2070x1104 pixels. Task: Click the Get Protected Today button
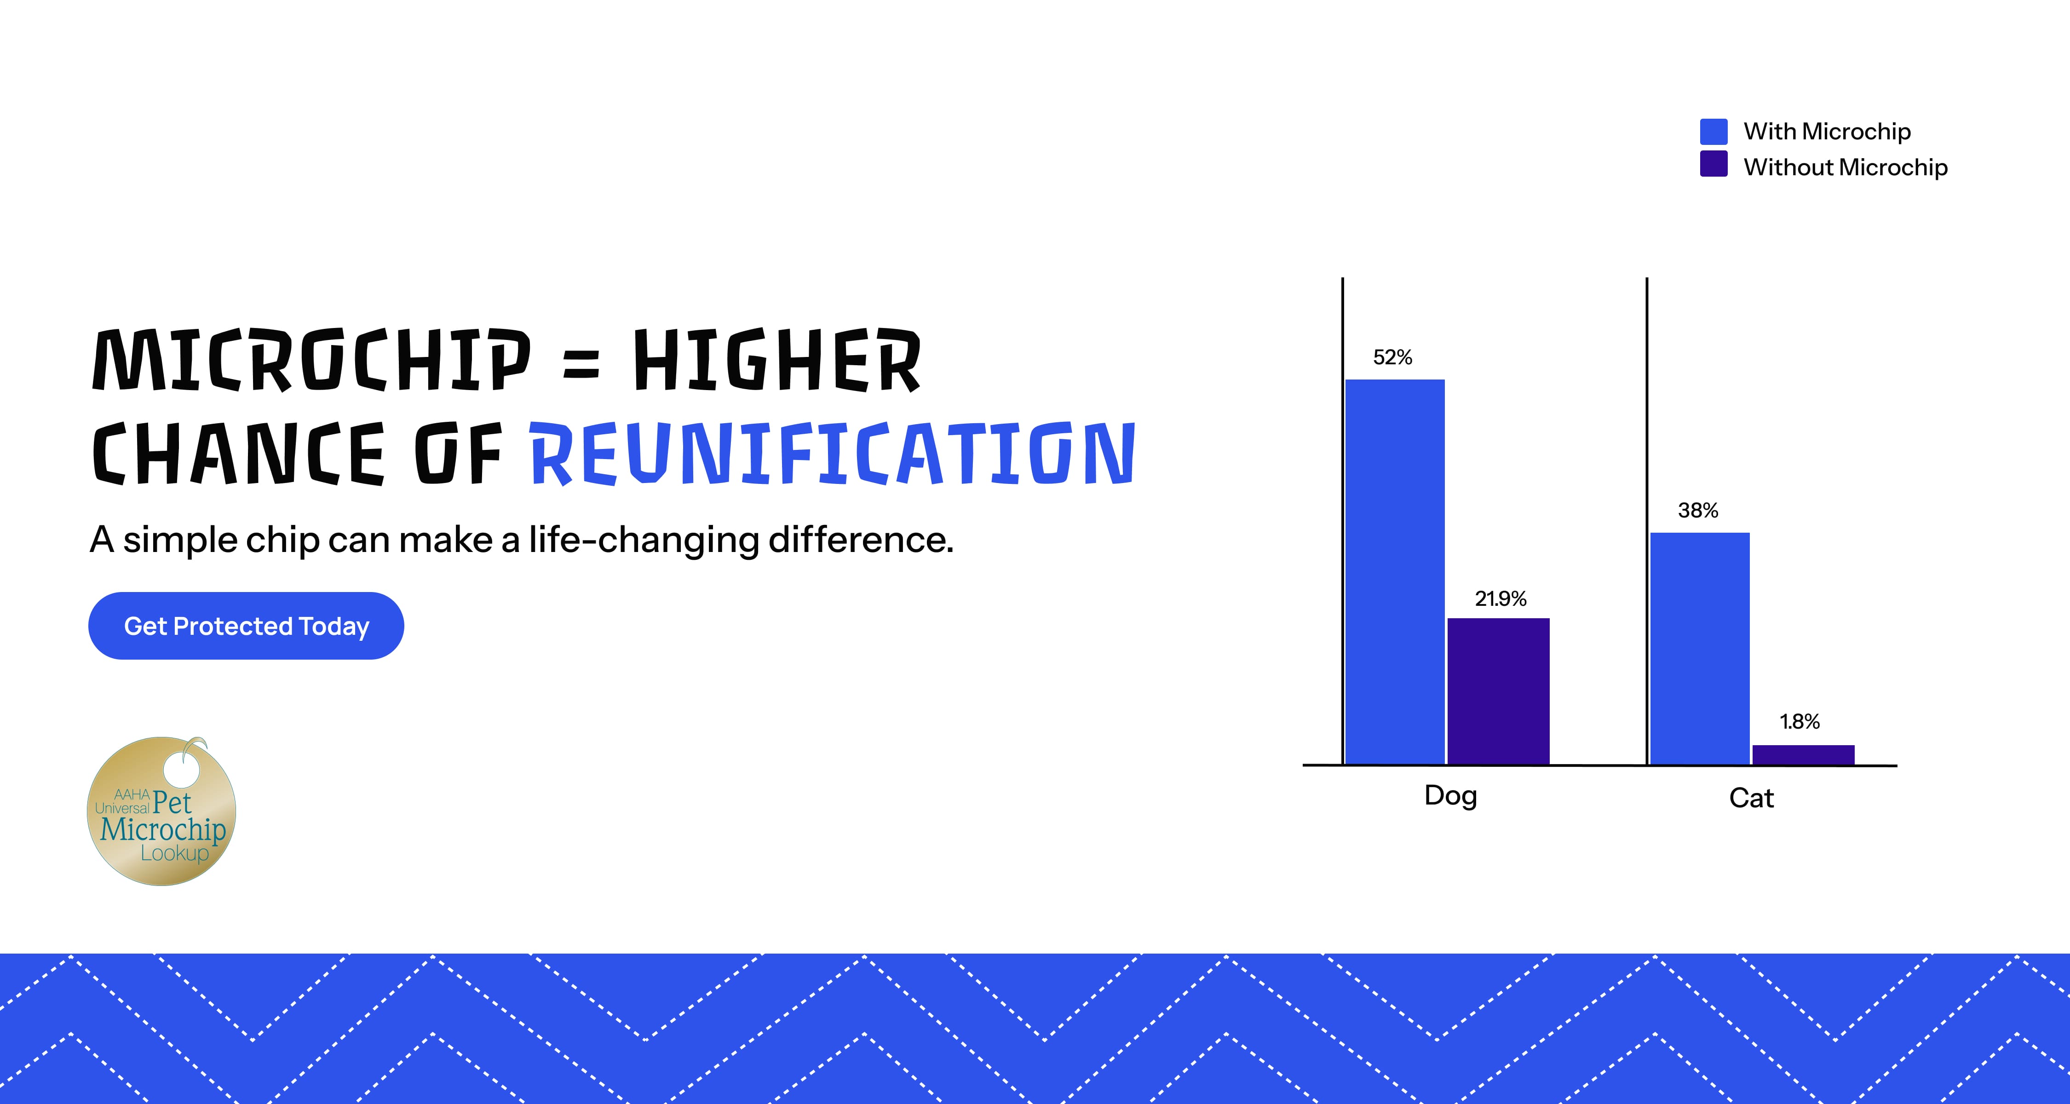pyautogui.click(x=246, y=626)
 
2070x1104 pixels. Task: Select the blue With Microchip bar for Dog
pyautogui.click(x=1395, y=571)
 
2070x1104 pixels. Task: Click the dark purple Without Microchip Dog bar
pyautogui.click(x=1499, y=691)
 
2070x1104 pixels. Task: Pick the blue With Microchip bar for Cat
pyautogui.click(x=1700, y=649)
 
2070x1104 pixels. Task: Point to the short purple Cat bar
pyautogui.click(x=1803, y=754)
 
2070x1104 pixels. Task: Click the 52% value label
pyautogui.click(x=1392, y=357)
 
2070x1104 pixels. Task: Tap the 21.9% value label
pyautogui.click(x=1500, y=598)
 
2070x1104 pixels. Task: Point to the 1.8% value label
pyautogui.click(x=1800, y=722)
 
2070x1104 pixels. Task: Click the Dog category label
pyautogui.click(x=1450, y=795)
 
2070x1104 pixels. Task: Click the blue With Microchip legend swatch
pyautogui.click(x=1714, y=132)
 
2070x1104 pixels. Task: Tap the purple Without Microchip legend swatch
pyautogui.click(x=1714, y=164)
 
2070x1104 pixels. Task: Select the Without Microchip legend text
pyautogui.click(x=1846, y=167)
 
